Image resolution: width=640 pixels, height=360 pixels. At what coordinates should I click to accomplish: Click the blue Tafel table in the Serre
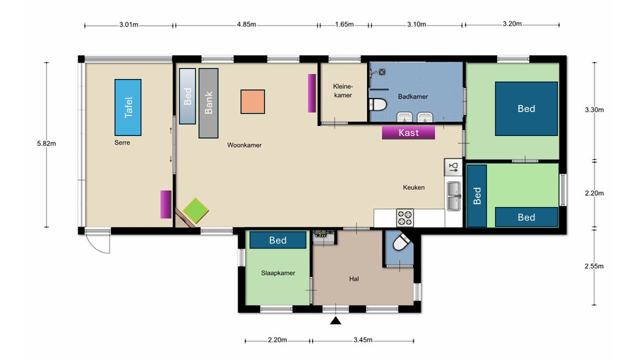(x=128, y=107)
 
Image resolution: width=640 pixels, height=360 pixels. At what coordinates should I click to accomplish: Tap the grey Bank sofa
(x=208, y=103)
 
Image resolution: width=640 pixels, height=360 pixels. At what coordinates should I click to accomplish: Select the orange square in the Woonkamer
(x=252, y=101)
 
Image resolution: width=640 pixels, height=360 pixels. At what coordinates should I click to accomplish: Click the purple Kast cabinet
(x=408, y=132)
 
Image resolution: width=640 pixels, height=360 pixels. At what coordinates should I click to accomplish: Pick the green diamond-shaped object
(x=195, y=211)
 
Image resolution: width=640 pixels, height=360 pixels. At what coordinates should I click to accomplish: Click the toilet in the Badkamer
(x=377, y=104)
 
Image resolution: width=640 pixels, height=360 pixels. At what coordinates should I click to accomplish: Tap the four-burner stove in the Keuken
(x=405, y=217)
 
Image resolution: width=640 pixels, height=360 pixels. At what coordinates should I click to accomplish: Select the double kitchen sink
(x=453, y=196)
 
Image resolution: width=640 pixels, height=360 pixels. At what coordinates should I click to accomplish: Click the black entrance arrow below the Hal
(x=335, y=320)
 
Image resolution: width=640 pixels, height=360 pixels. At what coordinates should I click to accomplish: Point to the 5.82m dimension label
(x=46, y=143)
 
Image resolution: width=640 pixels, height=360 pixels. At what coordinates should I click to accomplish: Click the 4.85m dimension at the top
(x=246, y=24)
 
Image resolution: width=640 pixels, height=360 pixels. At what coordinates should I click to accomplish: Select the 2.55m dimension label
(x=594, y=266)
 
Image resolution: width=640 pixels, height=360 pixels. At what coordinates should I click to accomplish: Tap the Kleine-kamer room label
(x=343, y=90)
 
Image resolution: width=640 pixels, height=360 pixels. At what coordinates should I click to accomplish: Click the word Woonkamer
(x=244, y=145)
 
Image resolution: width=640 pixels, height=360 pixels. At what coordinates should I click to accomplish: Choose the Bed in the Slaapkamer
(x=277, y=240)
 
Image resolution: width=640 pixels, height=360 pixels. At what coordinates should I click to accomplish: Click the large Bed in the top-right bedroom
(x=526, y=108)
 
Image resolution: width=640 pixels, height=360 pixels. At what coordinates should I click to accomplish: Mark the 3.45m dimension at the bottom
(x=363, y=340)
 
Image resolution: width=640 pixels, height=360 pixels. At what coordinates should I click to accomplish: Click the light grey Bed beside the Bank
(x=187, y=96)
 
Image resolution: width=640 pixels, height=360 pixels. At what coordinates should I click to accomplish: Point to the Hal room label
(x=353, y=279)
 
